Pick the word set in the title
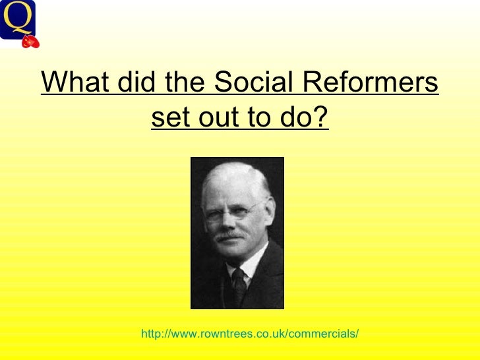click(169, 119)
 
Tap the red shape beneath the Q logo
click(30, 42)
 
